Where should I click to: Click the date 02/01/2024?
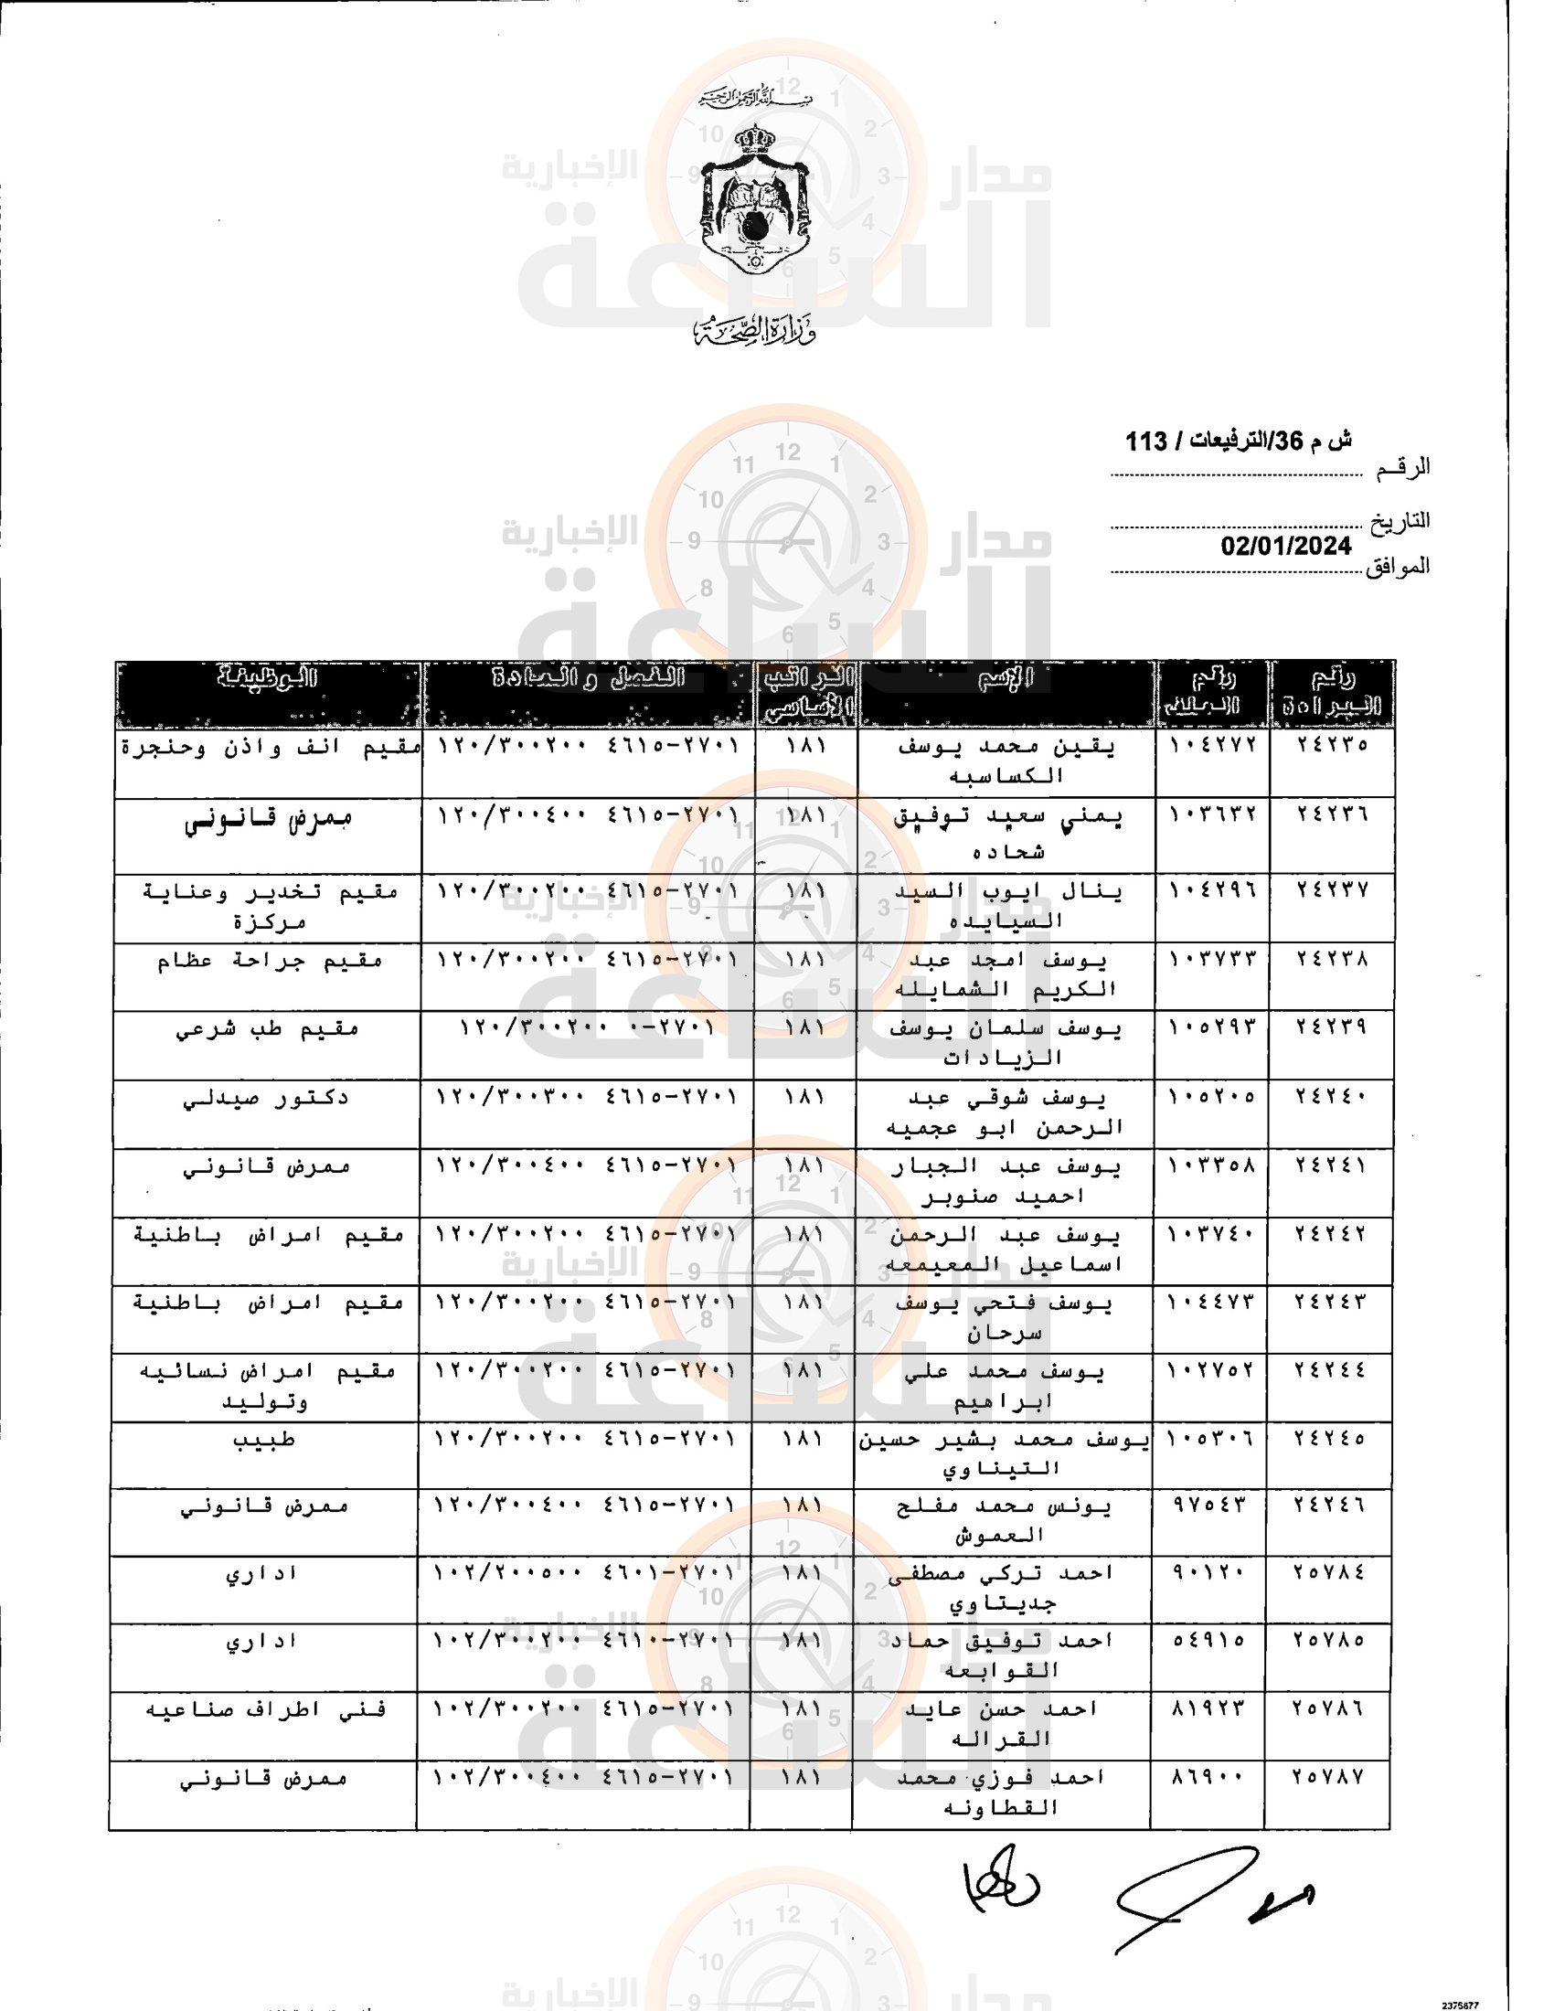(1285, 546)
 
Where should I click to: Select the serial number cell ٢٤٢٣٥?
(1332, 744)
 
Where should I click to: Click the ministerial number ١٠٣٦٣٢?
(1212, 814)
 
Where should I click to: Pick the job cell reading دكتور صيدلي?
(265, 1098)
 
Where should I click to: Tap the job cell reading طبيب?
(263, 1439)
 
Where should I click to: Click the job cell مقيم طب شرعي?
(267, 1029)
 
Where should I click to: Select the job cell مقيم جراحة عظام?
(269, 961)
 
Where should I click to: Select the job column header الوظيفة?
(267, 678)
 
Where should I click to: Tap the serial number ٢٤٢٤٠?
(1331, 1097)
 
